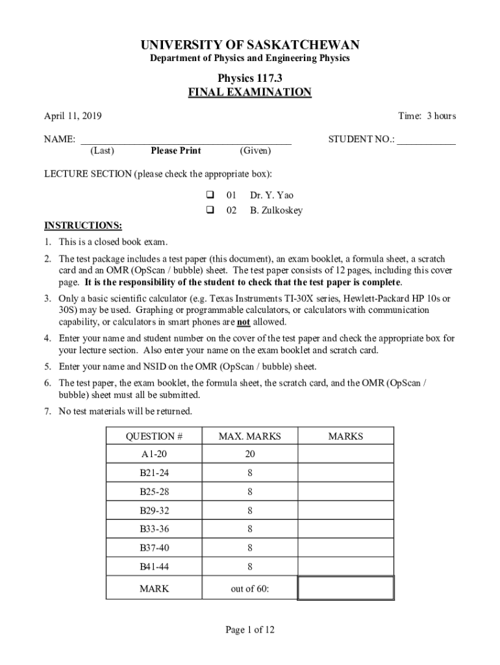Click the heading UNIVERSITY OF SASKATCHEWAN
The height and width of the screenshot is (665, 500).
point(250,45)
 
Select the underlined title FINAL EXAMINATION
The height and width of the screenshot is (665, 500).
point(250,92)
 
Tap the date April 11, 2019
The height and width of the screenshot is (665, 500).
point(72,116)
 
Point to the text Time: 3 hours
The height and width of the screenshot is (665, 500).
point(427,116)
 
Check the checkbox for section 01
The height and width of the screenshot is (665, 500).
point(210,195)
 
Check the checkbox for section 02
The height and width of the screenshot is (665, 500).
point(210,210)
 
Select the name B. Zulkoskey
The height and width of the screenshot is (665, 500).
point(276,210)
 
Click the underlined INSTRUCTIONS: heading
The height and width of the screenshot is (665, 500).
point(82,225)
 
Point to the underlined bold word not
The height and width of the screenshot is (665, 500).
point(244,322)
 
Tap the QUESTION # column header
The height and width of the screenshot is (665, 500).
point(154,436)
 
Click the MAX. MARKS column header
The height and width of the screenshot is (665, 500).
point(250,436)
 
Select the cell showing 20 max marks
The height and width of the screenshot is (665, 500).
point(250,455)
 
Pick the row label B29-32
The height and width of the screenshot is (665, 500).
point(154,510)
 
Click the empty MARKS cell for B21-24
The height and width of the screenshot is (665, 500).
point(345,473)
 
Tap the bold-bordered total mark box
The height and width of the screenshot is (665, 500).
point(345,588)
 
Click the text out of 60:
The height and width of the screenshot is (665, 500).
point(250,589)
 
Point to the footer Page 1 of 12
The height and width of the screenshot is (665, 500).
point(250,629)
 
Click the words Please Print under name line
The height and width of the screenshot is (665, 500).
point(176,151)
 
